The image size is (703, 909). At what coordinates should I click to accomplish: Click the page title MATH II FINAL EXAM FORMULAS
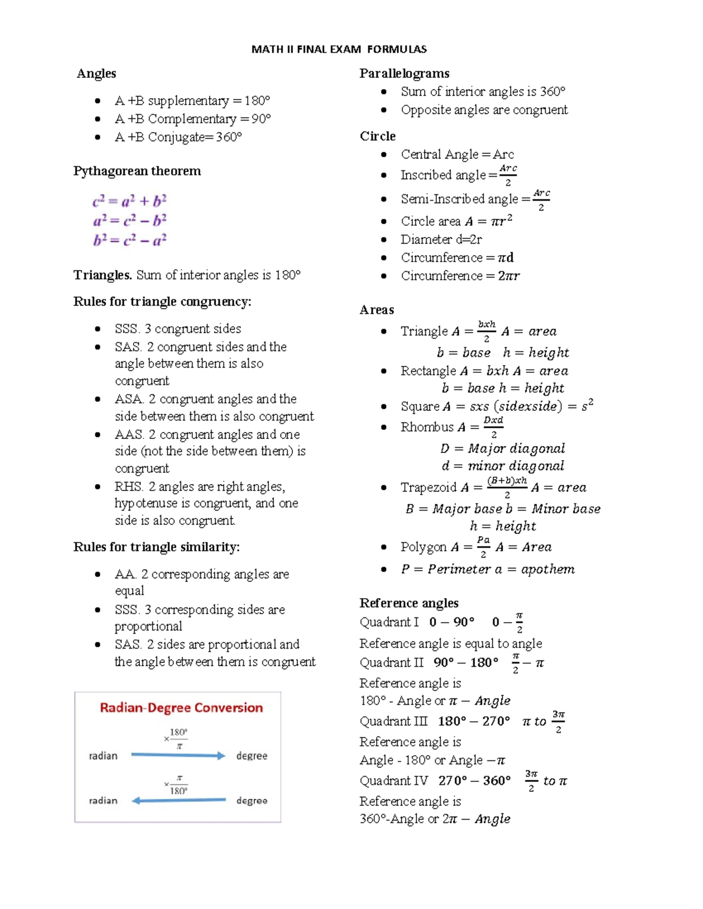pos(339,49)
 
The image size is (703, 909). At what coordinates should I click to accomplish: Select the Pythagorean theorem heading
pos(136,171)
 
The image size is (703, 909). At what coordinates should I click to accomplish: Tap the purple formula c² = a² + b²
pos(129,201)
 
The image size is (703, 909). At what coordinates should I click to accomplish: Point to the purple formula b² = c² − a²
pos(129,240)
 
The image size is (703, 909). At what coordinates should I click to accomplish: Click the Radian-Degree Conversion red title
pos(181,708)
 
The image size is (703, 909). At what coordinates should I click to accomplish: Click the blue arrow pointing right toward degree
pos(178,756)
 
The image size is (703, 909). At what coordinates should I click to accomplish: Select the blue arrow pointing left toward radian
pos(178,800)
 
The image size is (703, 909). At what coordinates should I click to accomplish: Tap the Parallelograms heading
pos(404,73)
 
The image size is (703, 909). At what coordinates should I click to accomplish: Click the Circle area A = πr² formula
pos(456,221)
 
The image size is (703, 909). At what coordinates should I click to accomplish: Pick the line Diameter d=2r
pos(441,239)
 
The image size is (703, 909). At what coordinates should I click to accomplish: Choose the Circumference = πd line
pos(457,258)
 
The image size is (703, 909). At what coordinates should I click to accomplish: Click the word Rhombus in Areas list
pos(427,427)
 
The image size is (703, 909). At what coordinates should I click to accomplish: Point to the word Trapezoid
pos(428,488)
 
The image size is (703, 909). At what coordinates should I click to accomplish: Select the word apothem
pos(548,569)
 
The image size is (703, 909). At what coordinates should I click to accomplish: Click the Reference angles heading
pos(409,603)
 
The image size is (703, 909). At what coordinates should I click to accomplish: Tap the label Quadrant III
pos(394,721)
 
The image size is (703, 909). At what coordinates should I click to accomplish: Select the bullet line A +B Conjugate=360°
pos(178,137)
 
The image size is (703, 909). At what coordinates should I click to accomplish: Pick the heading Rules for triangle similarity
pos(156,547)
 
